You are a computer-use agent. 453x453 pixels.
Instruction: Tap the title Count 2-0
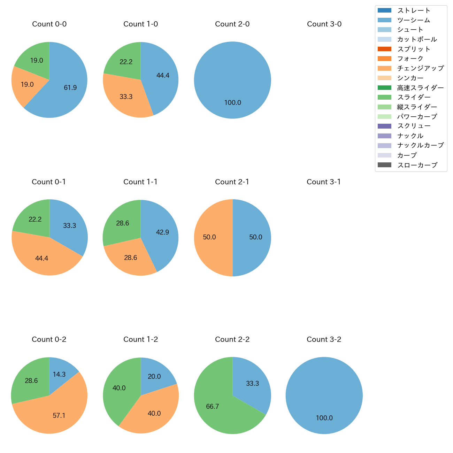coord(232,24)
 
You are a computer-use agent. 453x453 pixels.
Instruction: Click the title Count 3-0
coord(324,24)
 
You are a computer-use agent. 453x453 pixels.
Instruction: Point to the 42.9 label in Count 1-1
coord(162,232)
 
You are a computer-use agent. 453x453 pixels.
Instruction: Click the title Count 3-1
coord(324,182)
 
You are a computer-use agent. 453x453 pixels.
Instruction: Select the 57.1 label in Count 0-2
coord(59,415)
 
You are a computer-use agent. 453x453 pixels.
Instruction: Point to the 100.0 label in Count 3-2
coord(324,418)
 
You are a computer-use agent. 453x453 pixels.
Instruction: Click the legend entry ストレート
coord(414,10)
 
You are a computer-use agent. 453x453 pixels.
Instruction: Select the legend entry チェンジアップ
coord(420,68)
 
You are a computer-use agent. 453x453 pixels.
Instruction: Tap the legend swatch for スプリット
coord(384,49)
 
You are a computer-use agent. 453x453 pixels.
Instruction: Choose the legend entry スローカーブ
coord(417,165)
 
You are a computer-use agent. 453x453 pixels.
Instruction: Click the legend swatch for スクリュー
coord(384,126)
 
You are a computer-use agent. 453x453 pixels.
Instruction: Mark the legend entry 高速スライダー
coord(420,88)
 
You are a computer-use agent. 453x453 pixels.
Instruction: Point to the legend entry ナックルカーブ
coord(420,146)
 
